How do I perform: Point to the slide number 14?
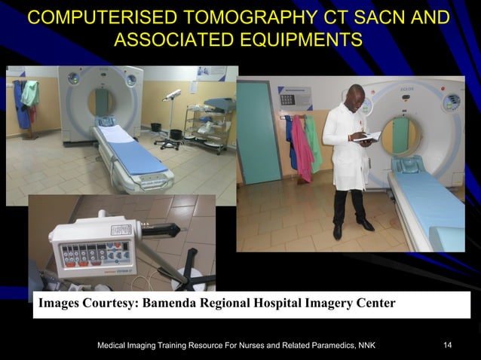[x=448, y=345]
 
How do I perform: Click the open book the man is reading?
[x=367, y=138]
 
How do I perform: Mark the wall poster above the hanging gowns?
[x=295, y=98]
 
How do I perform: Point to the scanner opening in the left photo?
[x=100, y=102]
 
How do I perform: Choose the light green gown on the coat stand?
[x=29, y=93]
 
